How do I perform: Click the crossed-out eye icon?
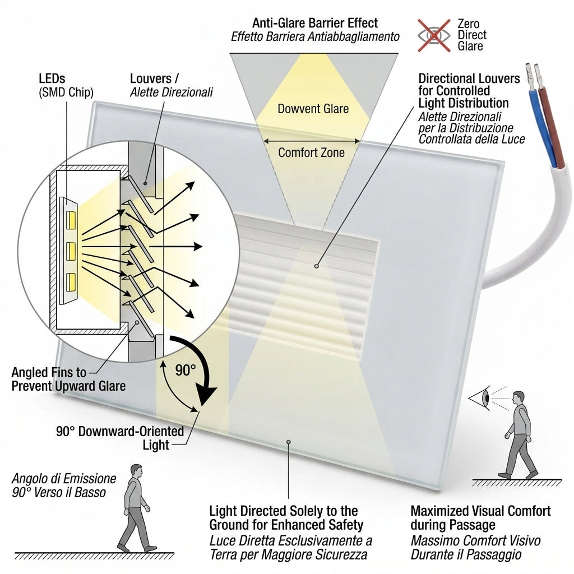click(434, 35)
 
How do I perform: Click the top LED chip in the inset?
click(71, 220)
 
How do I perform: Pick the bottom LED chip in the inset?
click(71, 283)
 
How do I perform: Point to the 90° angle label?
click(185, 370)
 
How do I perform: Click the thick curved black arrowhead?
click(207, 395)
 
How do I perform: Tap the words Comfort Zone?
click(312, 152)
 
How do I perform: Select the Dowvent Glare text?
click(313, 109)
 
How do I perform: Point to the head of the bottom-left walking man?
click(136, 471)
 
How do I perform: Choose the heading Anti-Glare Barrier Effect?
click(315, 23)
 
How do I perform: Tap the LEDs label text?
click(52, 78)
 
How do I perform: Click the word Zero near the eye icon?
click(468, 24)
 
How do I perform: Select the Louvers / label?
click(154, 78)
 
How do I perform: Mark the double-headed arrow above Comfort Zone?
click(312, 141)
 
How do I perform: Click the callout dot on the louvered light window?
click(317, 266)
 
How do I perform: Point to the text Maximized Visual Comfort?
click(480, 511)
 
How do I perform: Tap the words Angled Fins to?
click(49, 372)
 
